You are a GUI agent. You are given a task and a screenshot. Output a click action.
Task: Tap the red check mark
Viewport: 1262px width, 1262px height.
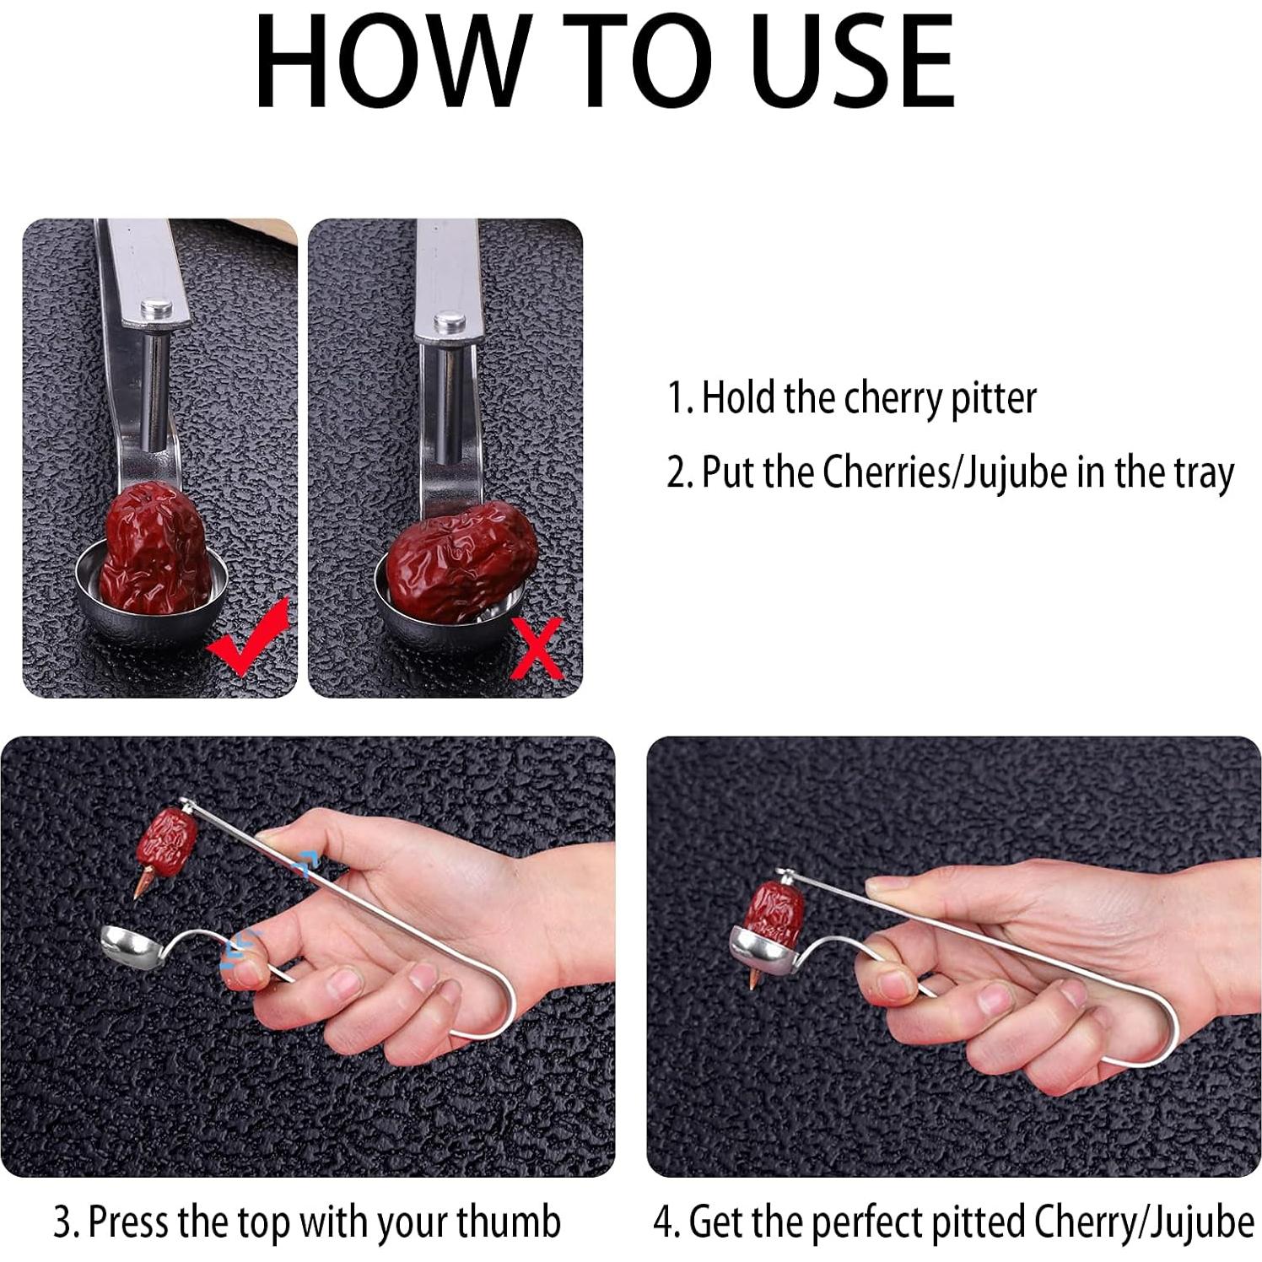coord(251,634)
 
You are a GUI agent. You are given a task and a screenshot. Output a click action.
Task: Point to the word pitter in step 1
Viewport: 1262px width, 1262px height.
coord(993,398)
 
